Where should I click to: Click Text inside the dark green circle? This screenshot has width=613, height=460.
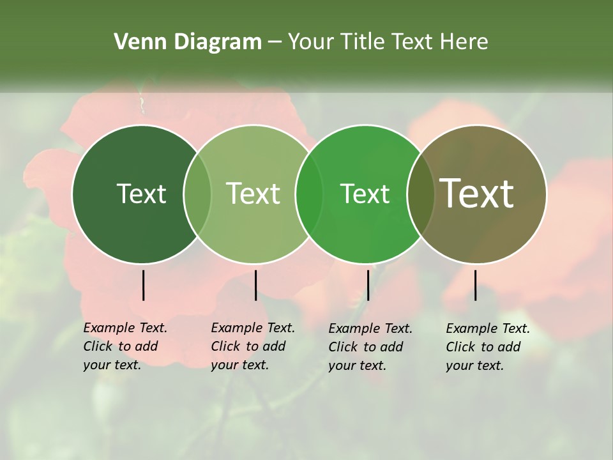pyautogui.click(x=141, y=194)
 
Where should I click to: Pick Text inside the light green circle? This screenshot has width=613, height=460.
pyautogui.click(x=253, y=194)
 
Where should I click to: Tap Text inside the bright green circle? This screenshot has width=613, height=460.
pyautogui.click(x=365, y=194)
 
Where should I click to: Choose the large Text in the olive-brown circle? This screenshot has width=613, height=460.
pyautogui.click(x=476, y=193)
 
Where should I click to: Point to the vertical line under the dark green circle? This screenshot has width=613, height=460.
pyautogui.click(x=143, y=285)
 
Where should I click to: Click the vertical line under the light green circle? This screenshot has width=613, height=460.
pyautogui.click(x=255, y=285)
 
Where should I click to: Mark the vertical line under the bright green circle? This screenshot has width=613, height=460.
pyautogui.click(x=368, y=285)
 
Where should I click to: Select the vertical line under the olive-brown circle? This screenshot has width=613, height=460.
pyautogui.click(x=475, y=285)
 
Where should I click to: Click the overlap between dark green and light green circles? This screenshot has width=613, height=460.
pyautogui.click(x=197, y=194)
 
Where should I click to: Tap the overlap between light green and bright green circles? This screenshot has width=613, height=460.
pyautogui.click(x=309, y=194)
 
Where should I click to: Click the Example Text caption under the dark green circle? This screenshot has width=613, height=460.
pyautogui.click(x=125, y=346)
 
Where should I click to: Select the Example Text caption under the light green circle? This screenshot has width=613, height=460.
pyautogui.click(x=253, y=346)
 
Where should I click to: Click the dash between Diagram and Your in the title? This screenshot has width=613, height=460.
pyautogui.click(x=275, y=43)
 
